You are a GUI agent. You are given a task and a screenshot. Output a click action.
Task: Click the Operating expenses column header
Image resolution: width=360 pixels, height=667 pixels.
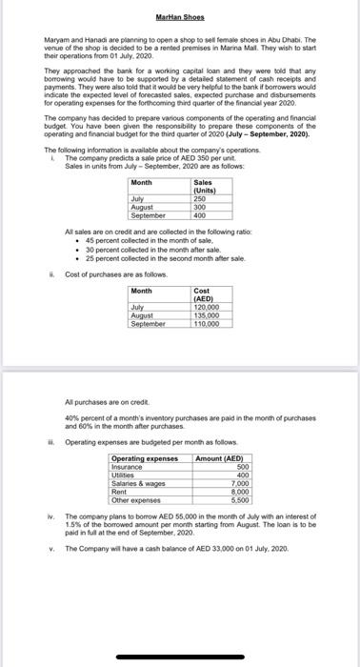(145, 458)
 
